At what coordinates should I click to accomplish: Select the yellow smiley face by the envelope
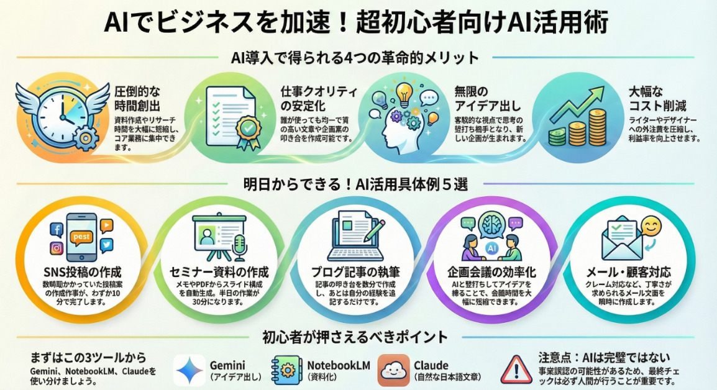[651, 227]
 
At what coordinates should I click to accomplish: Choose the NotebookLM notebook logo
[287, 370]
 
